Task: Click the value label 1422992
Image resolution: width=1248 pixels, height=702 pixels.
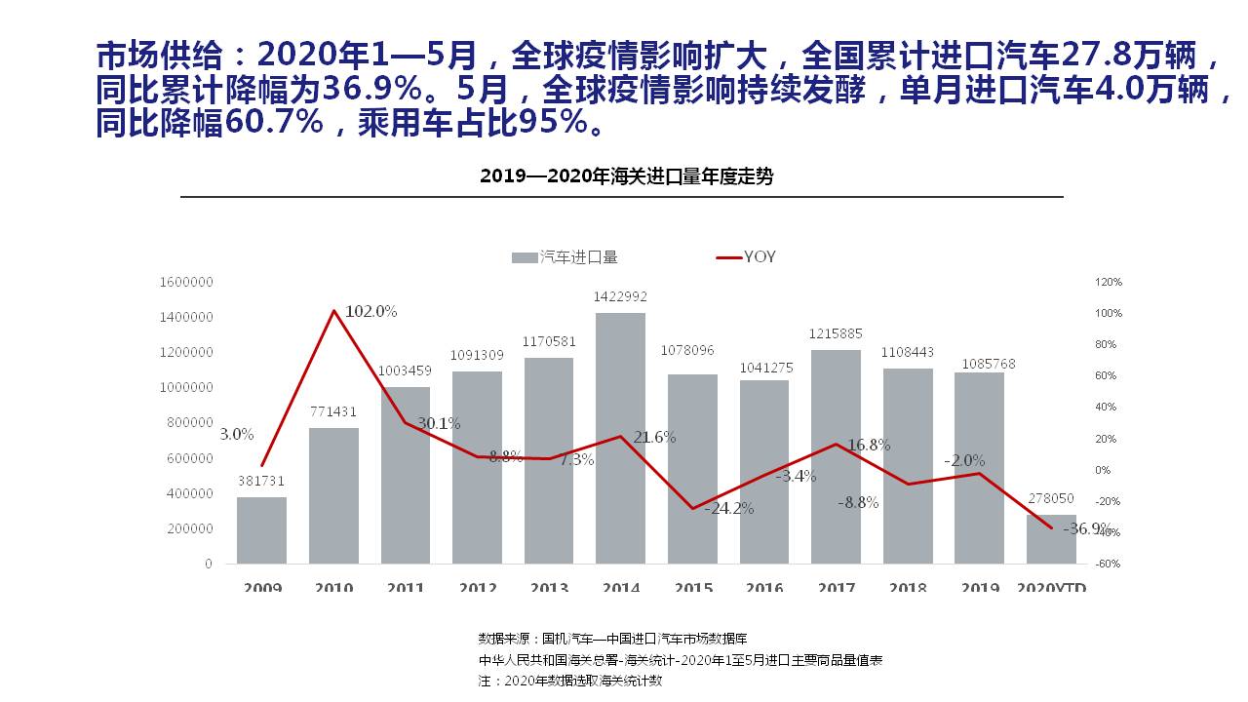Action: click(620, 297)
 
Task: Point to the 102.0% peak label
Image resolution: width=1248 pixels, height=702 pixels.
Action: click(371, 311)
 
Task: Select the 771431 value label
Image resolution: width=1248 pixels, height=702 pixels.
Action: click(333, 413)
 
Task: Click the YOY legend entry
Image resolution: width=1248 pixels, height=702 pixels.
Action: click(747, 257)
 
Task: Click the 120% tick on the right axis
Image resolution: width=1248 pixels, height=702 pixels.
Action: click(1109, 282)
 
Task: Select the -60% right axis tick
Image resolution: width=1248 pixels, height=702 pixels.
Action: click(1109, 564)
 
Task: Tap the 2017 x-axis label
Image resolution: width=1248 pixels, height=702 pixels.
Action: click(836, 588)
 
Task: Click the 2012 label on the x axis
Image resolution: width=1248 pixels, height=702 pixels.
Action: click(477, 588)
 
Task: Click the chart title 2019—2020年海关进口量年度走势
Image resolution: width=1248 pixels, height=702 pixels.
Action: click(626, 176)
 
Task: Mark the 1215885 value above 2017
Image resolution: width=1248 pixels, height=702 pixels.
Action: click(836, 334)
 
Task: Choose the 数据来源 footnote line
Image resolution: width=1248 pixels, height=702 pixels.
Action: click(612, 639)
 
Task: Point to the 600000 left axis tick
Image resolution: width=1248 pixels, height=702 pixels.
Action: click(188, 458)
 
